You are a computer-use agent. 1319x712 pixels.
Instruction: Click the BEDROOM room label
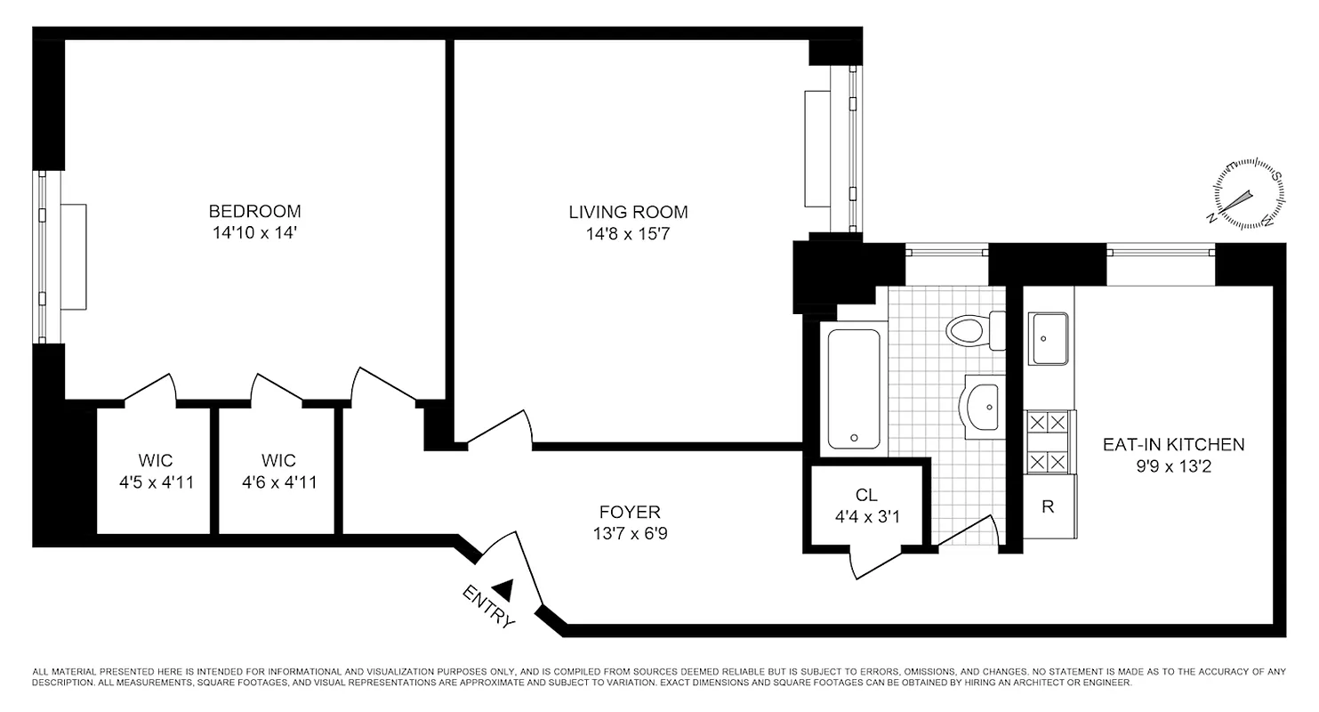tap(254, 212)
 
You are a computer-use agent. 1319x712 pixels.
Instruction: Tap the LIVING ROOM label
tap(628, 213)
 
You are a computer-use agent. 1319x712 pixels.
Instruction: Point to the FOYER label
tap(629, 513)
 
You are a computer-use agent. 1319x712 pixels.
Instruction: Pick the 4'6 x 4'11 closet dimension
tap(278, 483)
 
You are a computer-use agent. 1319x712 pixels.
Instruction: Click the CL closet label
tap(866, 495)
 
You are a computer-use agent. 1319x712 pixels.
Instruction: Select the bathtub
tap(854, 389)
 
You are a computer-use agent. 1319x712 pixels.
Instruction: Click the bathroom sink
tap(982, 407)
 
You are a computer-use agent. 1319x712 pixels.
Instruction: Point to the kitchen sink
tap(1049, 338)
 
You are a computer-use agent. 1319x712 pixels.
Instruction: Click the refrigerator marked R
tap(1048, 506)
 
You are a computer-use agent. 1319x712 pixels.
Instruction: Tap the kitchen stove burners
tap(1048, 442)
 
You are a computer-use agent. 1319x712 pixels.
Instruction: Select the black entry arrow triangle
tap(503, 587)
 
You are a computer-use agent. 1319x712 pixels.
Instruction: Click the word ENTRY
tap(488, 607)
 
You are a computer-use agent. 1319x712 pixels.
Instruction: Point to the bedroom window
tap(41, 256)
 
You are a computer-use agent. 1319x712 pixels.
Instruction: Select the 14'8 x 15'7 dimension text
tap(628, 234)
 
